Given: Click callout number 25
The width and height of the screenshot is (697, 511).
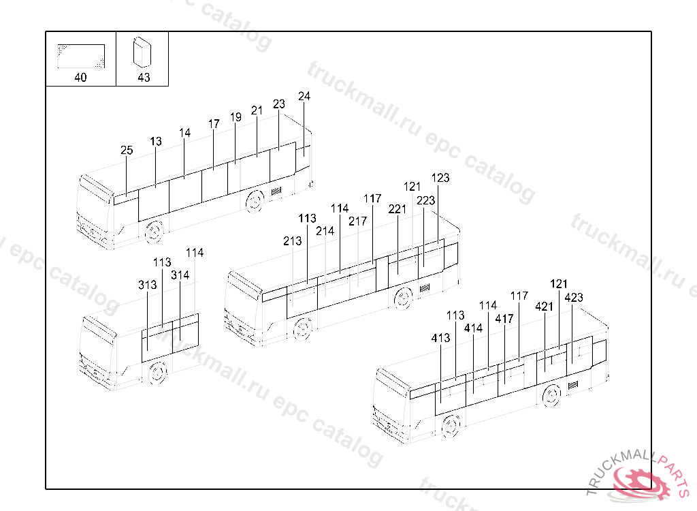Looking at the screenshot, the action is click(127, 151).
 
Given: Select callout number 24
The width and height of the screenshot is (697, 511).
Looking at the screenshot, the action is click(304, 97).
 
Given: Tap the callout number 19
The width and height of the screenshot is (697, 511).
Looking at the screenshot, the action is click(236, 117).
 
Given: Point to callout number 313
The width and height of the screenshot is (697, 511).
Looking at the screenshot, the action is click(148, 285).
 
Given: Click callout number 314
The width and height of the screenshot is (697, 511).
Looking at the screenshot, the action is click(180, 275).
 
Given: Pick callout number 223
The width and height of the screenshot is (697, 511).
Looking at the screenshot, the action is click(425, 200).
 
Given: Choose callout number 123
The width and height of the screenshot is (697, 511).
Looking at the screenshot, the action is click(440, 178).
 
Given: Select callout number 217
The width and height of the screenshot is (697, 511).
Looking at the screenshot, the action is click(357, 221).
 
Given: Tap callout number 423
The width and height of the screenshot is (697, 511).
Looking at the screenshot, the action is click(574, 298).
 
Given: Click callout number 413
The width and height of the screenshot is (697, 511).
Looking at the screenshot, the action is click(440, 338).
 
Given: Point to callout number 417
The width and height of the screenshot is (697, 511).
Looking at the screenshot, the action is click(504, 319).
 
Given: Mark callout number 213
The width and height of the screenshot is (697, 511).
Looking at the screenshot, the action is click(292, 241).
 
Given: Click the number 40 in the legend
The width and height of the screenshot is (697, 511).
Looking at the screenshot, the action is click(80, 78).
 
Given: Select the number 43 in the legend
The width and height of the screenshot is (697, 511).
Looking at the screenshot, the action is click(144, 78).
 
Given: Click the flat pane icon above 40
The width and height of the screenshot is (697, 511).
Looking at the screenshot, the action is click(81, 56).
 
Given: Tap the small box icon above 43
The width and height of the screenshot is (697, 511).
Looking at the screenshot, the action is click(142, 51).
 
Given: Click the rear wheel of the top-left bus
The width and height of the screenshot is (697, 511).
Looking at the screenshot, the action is click(255, 201).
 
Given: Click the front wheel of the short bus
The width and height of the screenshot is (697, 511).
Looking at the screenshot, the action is click(157, 373).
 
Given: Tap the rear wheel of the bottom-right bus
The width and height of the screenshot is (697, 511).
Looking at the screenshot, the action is click(551, 395).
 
